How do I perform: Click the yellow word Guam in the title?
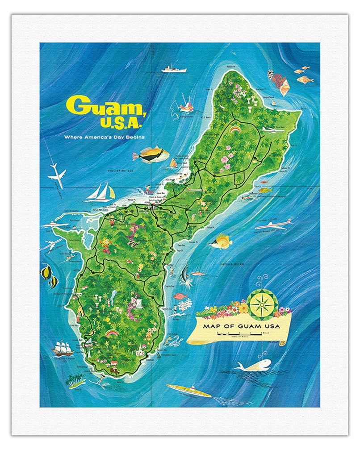98,107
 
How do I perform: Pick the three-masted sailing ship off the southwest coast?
63,347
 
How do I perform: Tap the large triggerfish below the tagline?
151,155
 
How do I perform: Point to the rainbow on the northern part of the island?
236,129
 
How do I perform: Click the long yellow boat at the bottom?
188,390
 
